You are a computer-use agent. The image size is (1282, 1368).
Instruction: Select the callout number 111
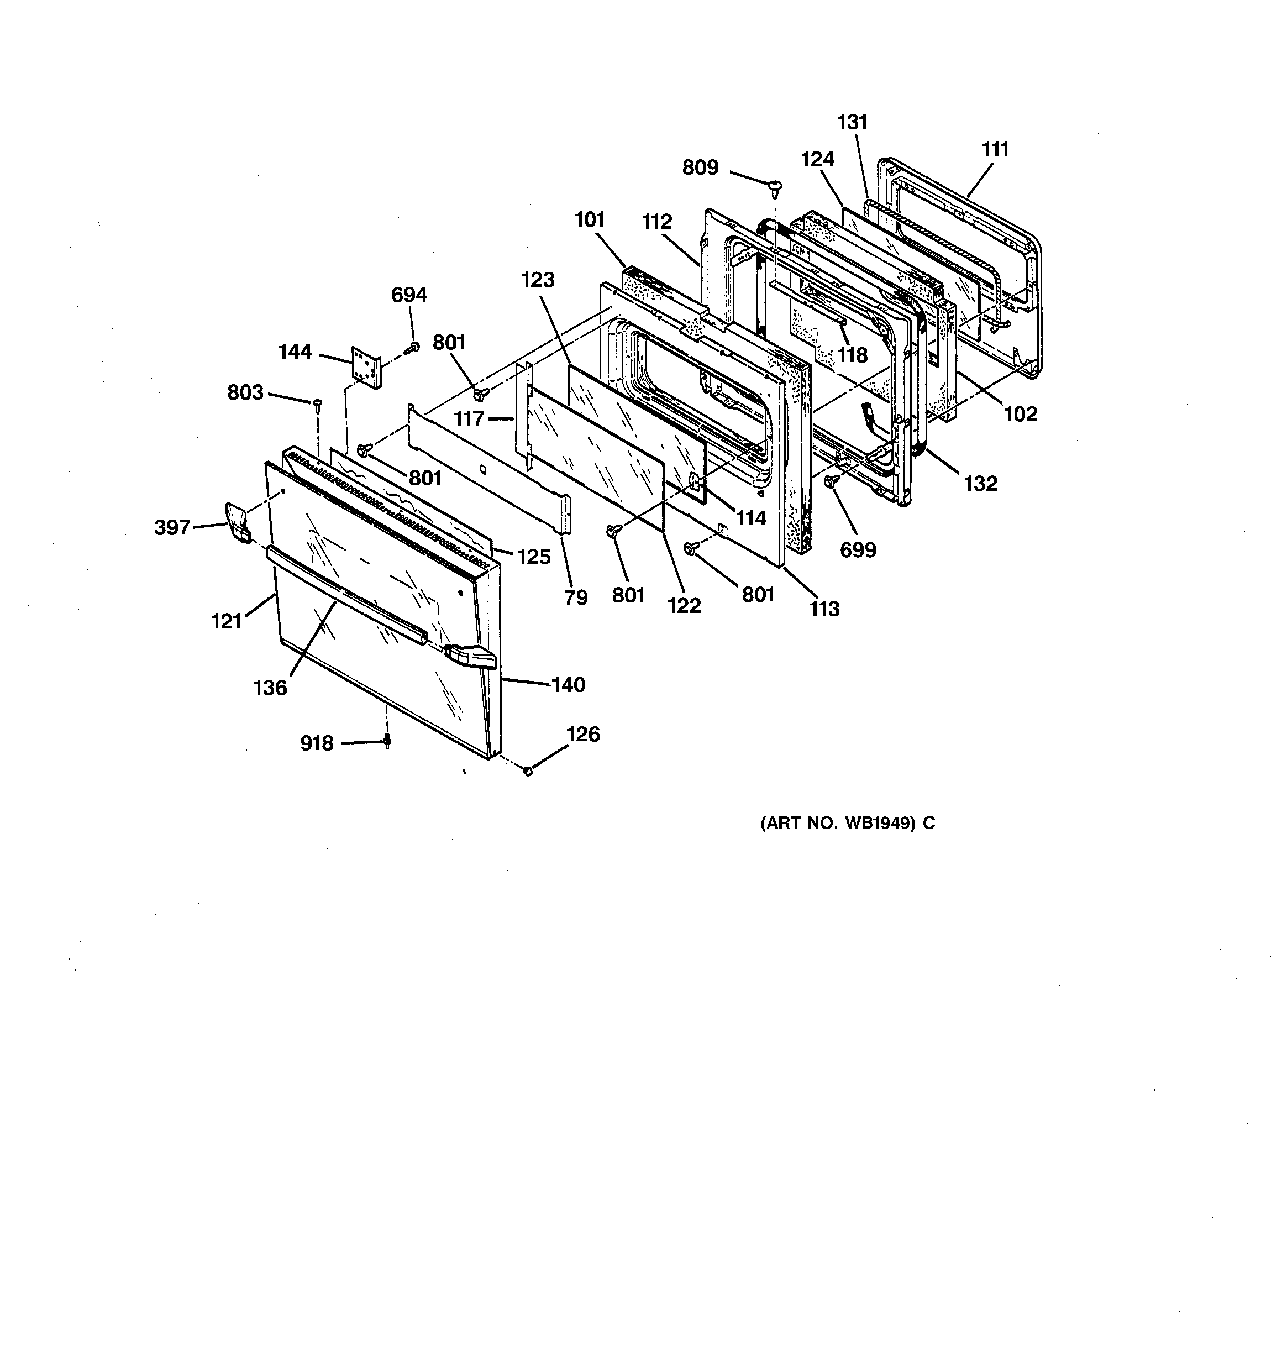[995, 149]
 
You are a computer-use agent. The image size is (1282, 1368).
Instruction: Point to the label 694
[409, 295]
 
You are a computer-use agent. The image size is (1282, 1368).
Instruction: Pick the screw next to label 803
[317, 404]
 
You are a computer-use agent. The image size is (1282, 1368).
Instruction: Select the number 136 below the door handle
[270, 688]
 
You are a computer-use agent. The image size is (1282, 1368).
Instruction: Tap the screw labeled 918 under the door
[387, 741]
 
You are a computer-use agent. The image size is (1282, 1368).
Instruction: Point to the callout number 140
[569, 685]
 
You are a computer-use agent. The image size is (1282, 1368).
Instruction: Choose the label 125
[534, 557]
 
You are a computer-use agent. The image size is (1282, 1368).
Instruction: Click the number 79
[576, 597]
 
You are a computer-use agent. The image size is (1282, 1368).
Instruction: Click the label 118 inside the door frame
[853, 355]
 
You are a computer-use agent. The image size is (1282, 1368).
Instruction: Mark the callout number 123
[538, 280]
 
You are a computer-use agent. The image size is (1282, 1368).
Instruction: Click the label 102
[1020, 414]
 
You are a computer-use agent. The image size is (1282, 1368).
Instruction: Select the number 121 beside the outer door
[227, 621]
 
